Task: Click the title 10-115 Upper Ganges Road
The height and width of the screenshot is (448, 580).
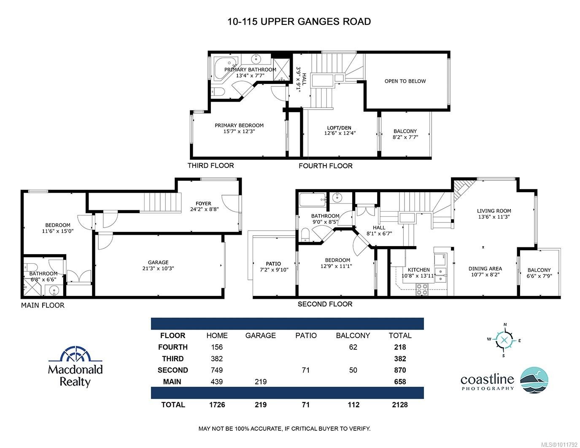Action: pyautogui.click(x=299, y=21)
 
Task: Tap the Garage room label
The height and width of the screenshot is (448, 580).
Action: pyautogui.click(x=158, y=262)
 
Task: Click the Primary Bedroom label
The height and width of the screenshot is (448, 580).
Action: pyautogui.click(x=239, y=125)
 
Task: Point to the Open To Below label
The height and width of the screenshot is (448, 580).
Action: pyautogui.click(x=405, y=81)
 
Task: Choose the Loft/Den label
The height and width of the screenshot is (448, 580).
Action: pyautogui.click(x=339, y=128)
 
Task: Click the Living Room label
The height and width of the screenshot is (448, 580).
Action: pyautogui.click(x=494, y=211)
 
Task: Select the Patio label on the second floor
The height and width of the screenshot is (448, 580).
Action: pyautogui.click(x=273, y=264)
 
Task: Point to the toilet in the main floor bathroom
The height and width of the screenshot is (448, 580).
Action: pyautogui.click(x=30, y=267)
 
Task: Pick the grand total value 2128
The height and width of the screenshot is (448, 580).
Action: pyautogui.click(x=399, y=405)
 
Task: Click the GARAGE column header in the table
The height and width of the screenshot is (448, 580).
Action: pyautogui.click(x=260, y=335)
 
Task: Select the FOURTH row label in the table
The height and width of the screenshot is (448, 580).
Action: pyautogui.click(x=173, y=347)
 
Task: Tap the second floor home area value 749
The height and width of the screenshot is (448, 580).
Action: pyautogui.click(x=217, y=370)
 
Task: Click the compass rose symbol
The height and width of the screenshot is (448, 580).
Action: pyautogui.click(x=504, y=340)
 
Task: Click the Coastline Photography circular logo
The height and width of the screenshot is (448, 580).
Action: pyautogui.click(x=534, y=380)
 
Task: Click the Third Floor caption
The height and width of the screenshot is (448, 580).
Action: pyautogui.click(x=210, y=166)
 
